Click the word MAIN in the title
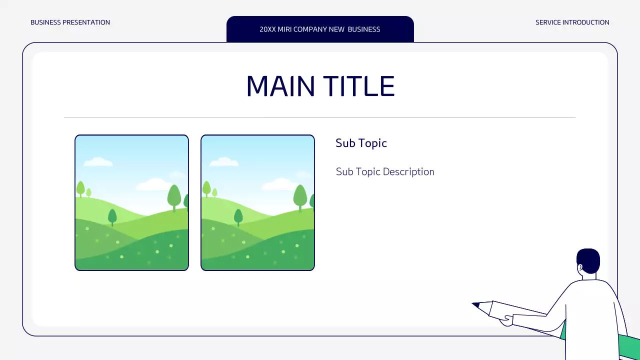point(280,86)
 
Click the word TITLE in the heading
point(359,86)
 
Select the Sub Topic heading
point(361,143)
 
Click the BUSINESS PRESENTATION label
point(70,22)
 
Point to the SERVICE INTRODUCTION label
point(572,22)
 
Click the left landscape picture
point(131,202)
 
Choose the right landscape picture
point(257,202)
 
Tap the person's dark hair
point(589,258)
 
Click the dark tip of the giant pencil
point(475,304)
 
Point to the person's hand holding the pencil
point(506,320)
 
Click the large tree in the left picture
point(174,196)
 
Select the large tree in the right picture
point(300,196)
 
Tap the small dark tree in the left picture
point(112,216)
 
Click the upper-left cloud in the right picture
point(223,161)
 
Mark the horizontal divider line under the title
point(320,118)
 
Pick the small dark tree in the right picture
point(238,216)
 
